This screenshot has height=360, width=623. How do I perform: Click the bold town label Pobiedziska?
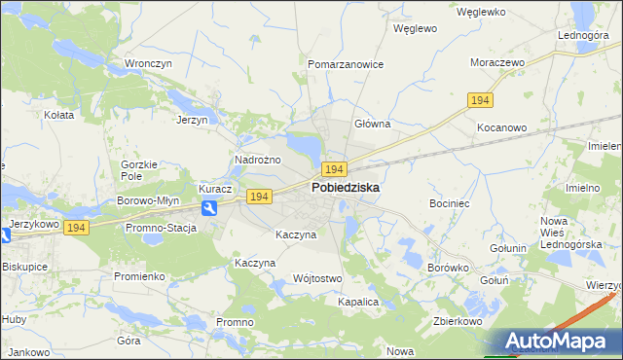(346, 187)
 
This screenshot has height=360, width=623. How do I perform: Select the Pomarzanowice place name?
(346, 64)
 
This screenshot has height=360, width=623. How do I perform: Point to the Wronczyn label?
(148, 64)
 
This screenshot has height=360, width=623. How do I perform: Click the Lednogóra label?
(583, 35)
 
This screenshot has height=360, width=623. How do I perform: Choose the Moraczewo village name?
(497, 62)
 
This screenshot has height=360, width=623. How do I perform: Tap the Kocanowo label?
(501, 127)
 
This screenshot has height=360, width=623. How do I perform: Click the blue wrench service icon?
(209, 208)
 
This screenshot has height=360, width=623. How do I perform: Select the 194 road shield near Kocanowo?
(480, 100)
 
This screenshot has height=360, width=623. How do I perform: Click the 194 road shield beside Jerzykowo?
(78, 227)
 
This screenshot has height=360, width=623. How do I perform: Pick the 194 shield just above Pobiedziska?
(335, 169)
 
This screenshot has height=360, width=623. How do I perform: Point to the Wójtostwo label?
(317, 279)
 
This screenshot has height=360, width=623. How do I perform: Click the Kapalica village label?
(357, 303)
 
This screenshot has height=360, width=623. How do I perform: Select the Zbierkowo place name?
(459, 320)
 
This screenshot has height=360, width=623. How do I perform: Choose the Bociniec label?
(450, 204)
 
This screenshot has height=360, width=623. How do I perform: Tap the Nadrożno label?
(258, 160)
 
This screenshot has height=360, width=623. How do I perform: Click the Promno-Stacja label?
(161, 229)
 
